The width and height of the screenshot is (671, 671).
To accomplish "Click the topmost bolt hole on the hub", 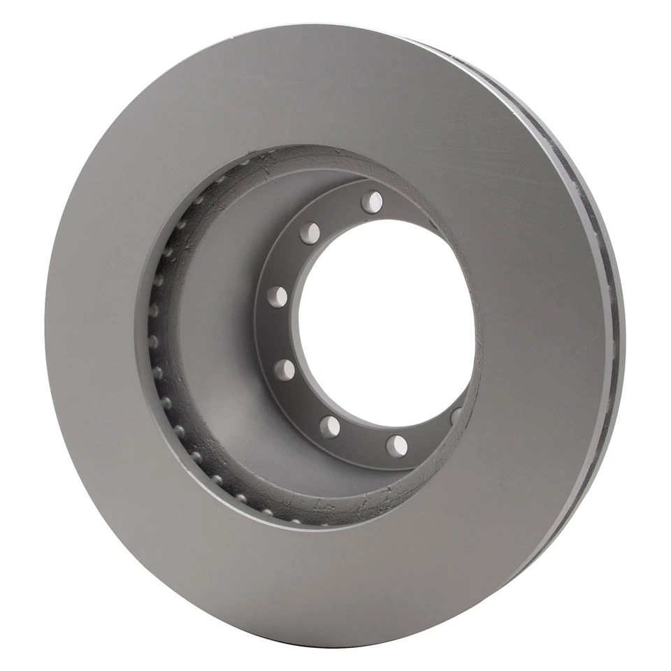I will [x=372, y=202].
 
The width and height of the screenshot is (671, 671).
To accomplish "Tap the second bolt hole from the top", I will [x=310, y=233].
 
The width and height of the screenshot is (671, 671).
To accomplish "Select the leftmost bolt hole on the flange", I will [x=277, y=296].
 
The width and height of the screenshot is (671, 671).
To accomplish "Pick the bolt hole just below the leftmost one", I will [x=284, y=370].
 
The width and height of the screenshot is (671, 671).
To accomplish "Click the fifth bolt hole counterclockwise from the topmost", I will [x=330, y=426].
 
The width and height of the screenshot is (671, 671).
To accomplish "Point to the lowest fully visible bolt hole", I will [x=397, y=445].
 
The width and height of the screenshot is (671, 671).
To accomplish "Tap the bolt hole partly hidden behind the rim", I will [x=456, y=416].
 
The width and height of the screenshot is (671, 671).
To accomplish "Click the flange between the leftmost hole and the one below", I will [x=278, y=333].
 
